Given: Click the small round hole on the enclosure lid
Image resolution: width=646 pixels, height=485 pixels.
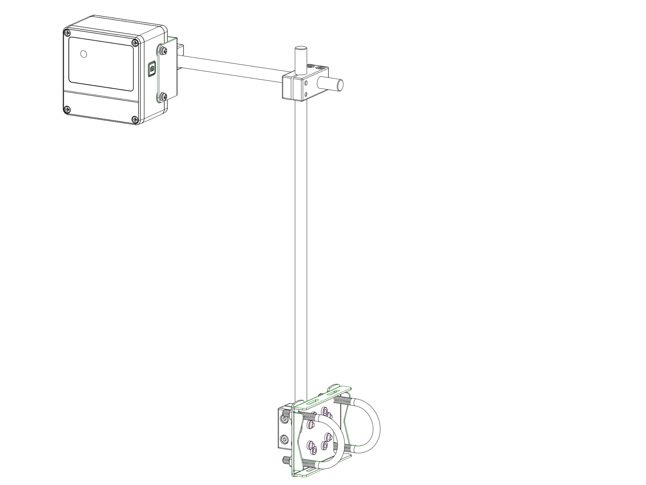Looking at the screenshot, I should pyautogui.click(x=83, y=54).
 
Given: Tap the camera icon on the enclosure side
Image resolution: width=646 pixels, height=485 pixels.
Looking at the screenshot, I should pyautogui.click(x=152, y=69).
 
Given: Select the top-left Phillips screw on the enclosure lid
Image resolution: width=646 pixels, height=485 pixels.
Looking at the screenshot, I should pyautogui.click(x=67, y=32).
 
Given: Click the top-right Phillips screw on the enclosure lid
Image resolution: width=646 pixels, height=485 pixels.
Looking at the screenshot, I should pyautogui.click(x=135, y=43).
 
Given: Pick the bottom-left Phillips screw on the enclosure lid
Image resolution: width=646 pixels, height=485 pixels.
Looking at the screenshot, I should pyautogui.click(x=67, y=110).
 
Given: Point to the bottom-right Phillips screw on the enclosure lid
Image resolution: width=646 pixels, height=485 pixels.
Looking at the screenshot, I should pyautogui.click(x=135, y=119).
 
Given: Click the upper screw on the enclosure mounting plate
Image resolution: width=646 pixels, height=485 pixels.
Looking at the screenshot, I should pyautogui.click(x=164, y=51).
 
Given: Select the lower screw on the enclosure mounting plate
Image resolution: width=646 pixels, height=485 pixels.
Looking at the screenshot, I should pyautogui.click(x=164, y=96).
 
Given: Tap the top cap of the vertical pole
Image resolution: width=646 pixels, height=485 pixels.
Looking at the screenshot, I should pyautogui.click(x=301, y=48).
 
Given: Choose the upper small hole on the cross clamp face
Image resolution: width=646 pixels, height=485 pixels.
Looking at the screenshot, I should pyautogui.click(x=306, y=83).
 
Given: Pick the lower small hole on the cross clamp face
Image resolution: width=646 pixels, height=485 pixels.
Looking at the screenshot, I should pyautogui.click(x=306, y=94).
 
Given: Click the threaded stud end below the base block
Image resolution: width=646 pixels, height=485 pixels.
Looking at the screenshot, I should pyautogui.click(x=286, y=461).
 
